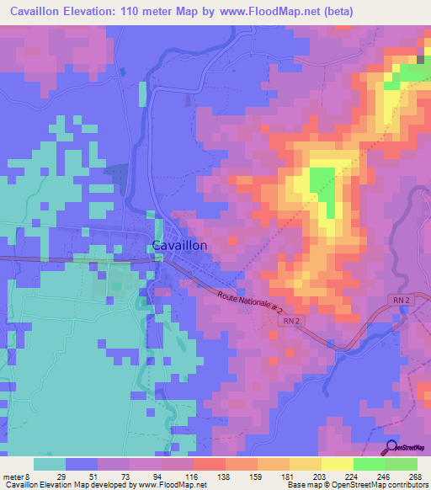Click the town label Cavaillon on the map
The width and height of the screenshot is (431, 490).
tap(180, 245)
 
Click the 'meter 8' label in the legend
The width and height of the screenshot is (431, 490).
tap(17, 477)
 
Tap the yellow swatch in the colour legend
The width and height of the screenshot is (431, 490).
tap(337, 465)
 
